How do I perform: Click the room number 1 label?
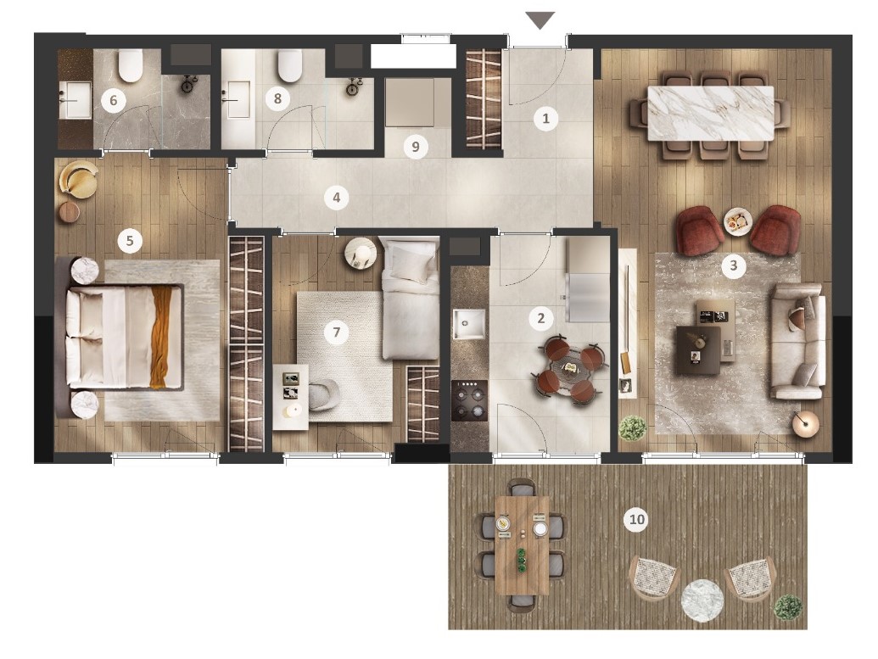(x=546, y=119)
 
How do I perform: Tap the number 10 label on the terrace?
(x=637, y=520)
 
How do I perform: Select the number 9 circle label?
(x=416, y=147)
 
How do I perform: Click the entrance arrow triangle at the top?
(x=540, y=20)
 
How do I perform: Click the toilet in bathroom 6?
(x=131, y=65)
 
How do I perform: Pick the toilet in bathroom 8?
(x=290, y=65)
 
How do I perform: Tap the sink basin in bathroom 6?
(x=75, y=100)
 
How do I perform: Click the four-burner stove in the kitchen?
(x=469, y=400)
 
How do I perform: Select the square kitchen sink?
(x=468, y=324)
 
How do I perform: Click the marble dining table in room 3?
(x=711, y=113)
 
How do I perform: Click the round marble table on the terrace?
(x=702, y=600)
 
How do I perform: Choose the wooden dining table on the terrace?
(x=522, y=545)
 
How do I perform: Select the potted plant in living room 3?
(x=633, y=428)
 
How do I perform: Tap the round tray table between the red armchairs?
(x=737, y=221)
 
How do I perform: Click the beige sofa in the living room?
(x=797, y=342)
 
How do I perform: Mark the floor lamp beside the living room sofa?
(x=806, y=424)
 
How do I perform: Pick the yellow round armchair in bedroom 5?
(x=80, y=179)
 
